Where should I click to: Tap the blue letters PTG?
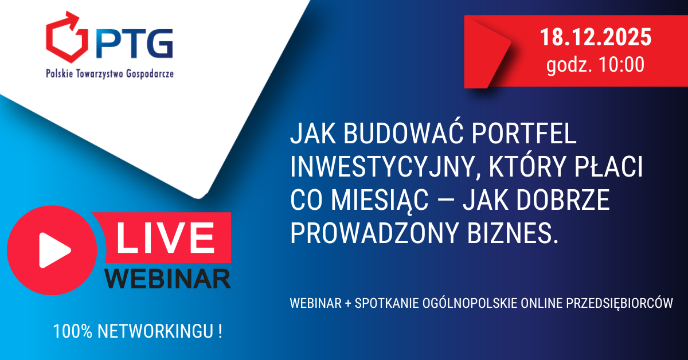point(135,44)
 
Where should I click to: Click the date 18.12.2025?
point(596,37)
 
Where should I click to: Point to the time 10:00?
point(621,65)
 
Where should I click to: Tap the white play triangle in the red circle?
point(54,251)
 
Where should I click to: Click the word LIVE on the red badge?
point(165,237)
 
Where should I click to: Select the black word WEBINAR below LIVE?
point(167,279)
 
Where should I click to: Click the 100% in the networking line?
point(73,331)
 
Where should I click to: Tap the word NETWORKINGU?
point(155,331)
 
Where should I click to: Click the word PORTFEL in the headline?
point(523,134)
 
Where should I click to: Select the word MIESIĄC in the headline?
point(380,200)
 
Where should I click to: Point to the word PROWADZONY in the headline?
point(374,233)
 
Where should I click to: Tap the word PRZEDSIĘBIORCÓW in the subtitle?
point(620,303)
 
